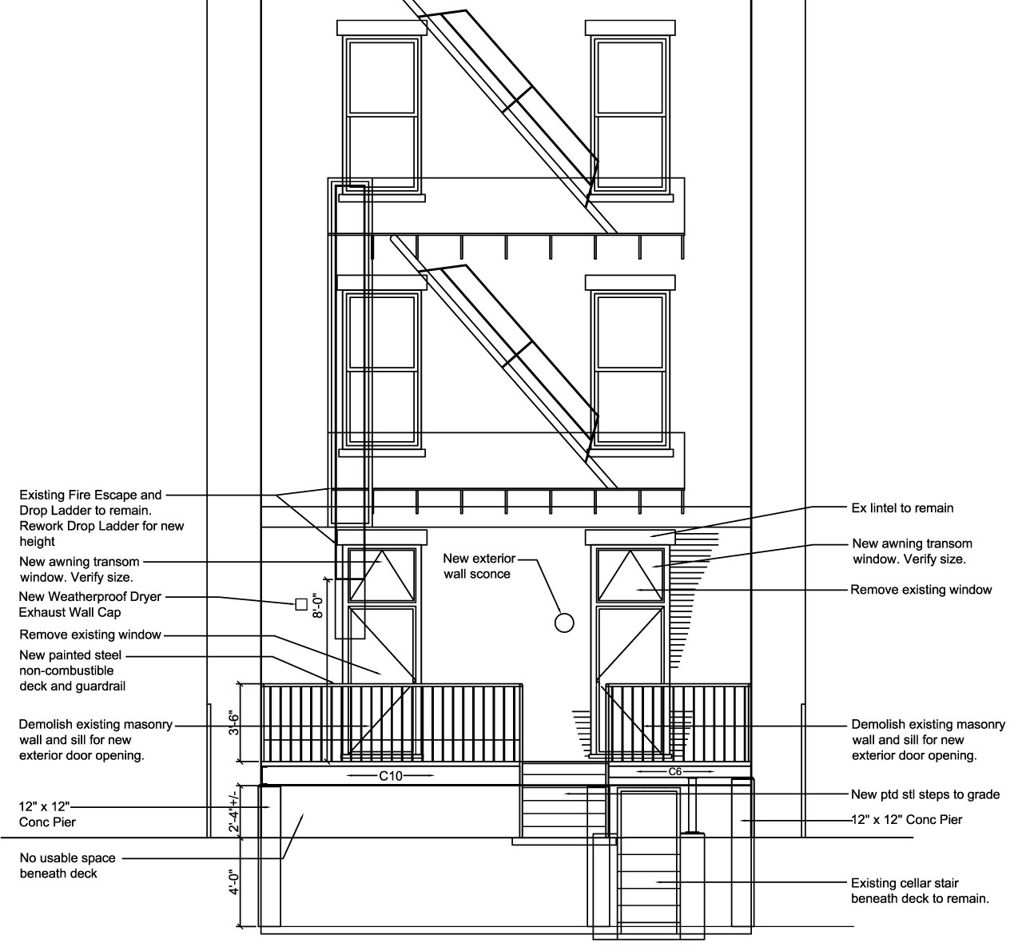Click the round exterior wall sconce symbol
564,623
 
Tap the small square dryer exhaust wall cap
301,604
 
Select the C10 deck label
391,775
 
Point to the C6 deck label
675,772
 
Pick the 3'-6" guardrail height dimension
234,724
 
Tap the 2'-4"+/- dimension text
234,812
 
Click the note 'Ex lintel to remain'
902,508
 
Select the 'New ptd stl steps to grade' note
925,794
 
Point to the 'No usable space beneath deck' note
67,865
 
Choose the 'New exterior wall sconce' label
479,566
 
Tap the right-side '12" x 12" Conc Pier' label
907,820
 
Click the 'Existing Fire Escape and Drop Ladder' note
101,518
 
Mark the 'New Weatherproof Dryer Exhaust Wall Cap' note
89,604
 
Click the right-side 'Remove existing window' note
921,590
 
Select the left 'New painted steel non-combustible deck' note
72,670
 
